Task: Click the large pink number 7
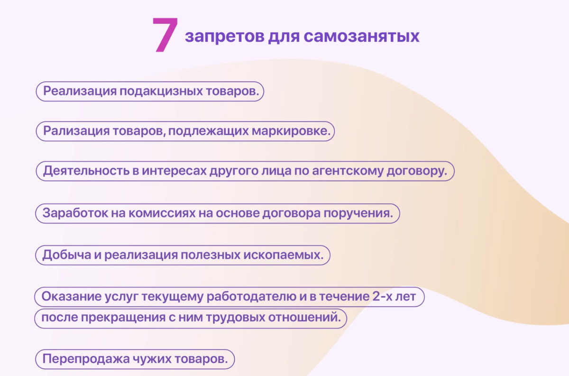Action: (165, 35)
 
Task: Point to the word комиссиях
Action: (160, 213)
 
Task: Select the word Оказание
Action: (69, 297)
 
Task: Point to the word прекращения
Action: (119, 317)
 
